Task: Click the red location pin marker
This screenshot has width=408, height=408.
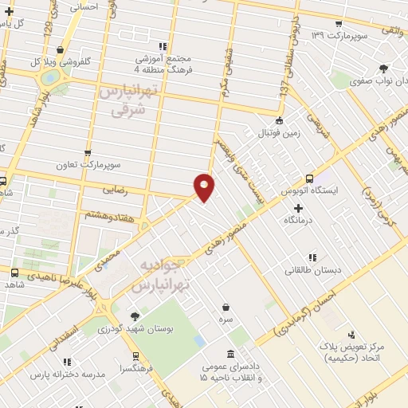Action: click(204, 186)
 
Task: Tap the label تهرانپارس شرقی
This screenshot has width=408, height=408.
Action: click(126, 102)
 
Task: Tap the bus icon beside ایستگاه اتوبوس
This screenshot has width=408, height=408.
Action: click(310, 178)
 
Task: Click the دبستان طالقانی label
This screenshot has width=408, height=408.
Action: click(313, 270)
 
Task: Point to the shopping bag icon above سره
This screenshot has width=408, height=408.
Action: click(227, 307)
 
